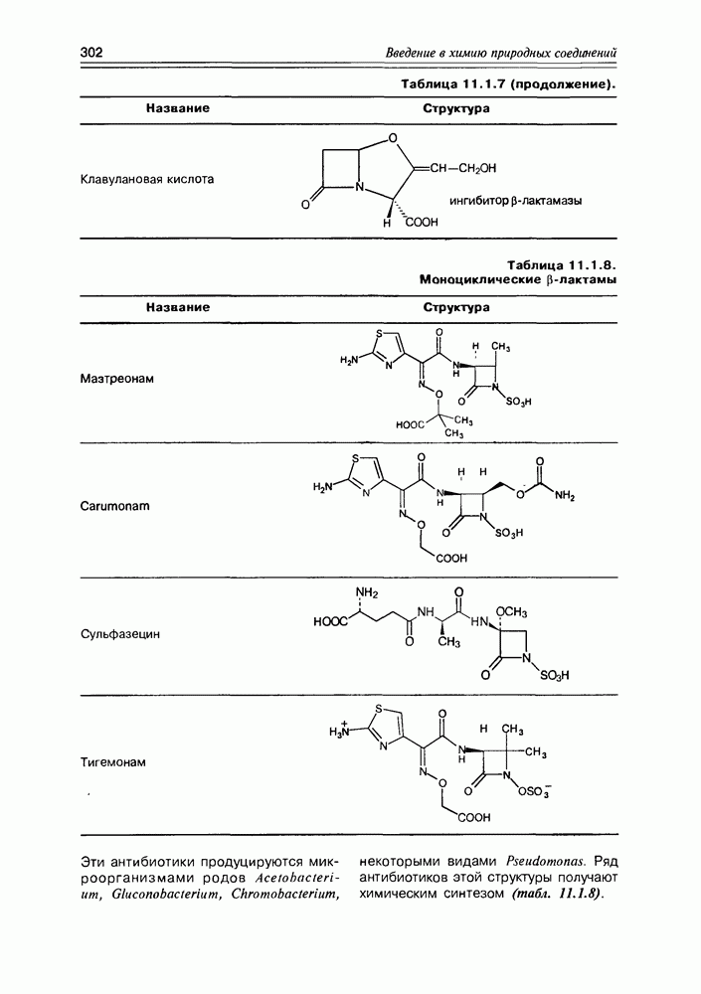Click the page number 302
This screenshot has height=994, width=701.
pyautogui.click(x=91, y=52)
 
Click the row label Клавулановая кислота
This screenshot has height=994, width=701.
pyautogui.click(x=147, y=179)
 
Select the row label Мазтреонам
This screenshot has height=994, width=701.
pyautogui.click(x=116, y=379)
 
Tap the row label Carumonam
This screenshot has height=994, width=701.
pyautogui.click(x=114, y=507)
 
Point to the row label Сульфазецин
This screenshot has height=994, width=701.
pyautogui.click(x=120, y=634)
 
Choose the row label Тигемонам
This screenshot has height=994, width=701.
pyautogui.click(x=113, y=762)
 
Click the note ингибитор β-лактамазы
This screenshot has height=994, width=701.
pyautogui.click(x=516, y=201)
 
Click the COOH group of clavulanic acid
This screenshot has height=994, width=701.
pyautogui.click(x=422, y=223)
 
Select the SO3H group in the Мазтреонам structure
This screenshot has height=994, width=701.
pyautogui.click(x=518, y=402)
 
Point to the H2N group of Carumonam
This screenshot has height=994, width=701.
pyautogui.click(x=322, y=487)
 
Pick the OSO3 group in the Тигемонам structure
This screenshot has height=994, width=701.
pyautogui.click(x=534, y=791)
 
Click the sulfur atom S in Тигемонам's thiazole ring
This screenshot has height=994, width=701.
pyautogui.click(x=379, y=710)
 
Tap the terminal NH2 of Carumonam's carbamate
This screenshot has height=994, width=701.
pyautogui.click(x=564, y=497)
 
